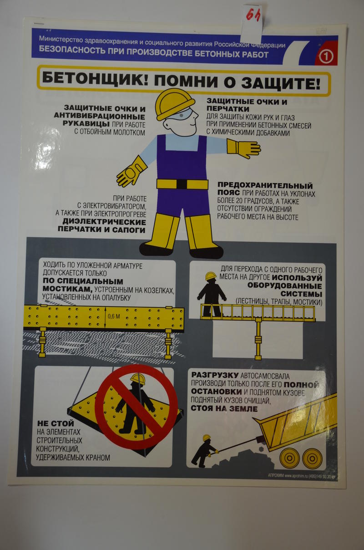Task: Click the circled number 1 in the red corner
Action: [x=326, y=57]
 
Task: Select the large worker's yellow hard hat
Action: [x=175, y=104]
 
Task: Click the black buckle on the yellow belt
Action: [x=182, y=184]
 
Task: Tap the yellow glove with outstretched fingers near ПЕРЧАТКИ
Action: [x=243, y=148]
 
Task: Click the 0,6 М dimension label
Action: [x=114, y=316]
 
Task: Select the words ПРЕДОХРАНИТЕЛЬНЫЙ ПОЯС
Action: [x=265, y=188]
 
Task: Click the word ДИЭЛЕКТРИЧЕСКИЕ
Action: [x=104, y=222]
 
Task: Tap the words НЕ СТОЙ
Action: [x=56, y=423]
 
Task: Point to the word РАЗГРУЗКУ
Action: [x=215, y=375]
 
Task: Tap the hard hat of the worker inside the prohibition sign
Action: [x=138, y=378]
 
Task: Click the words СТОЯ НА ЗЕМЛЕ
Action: [x=224, y=408]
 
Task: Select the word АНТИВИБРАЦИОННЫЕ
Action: [x=99, y=116]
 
